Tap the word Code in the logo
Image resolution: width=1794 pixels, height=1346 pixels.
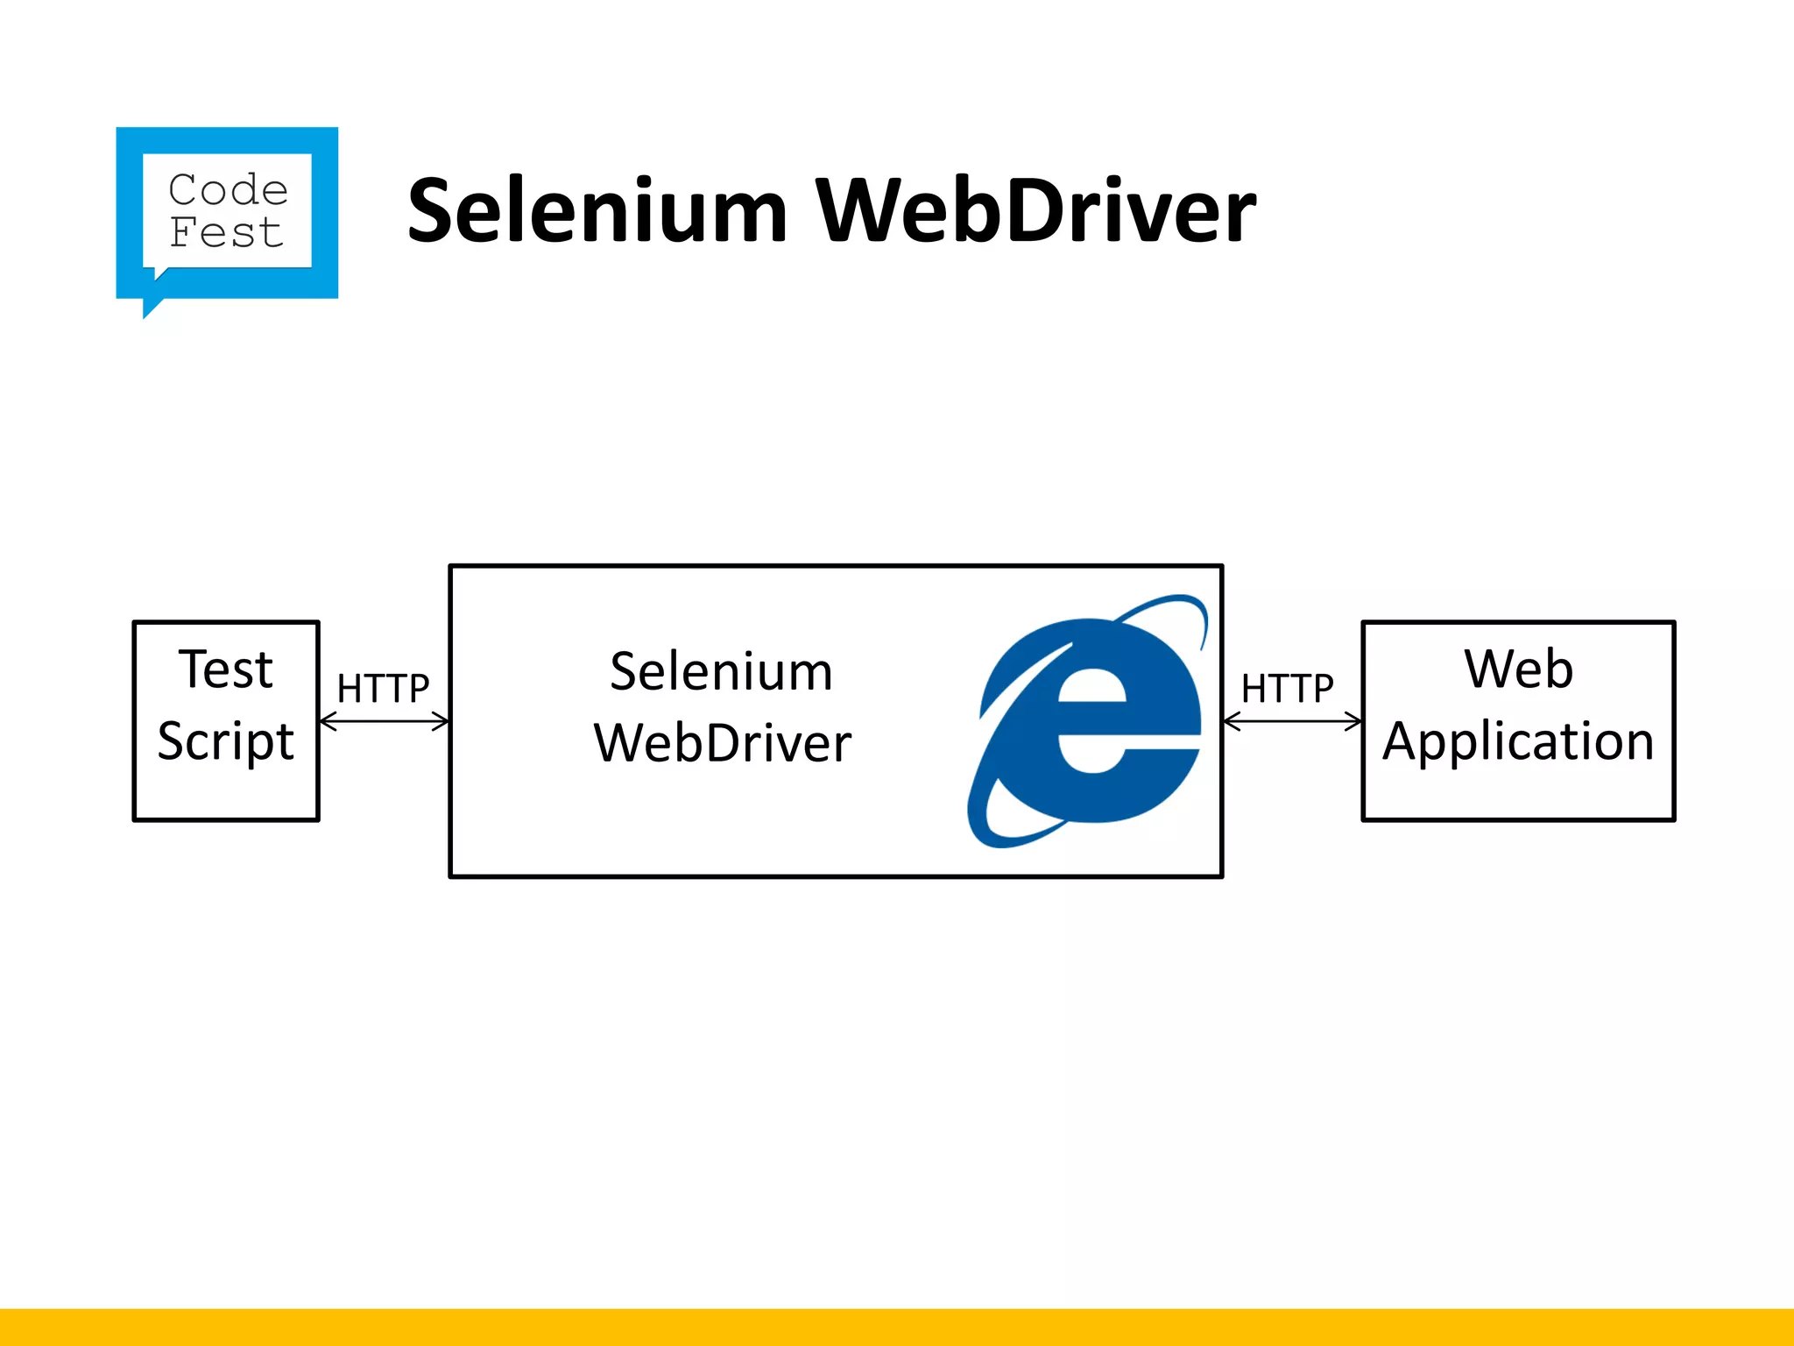(228, 190)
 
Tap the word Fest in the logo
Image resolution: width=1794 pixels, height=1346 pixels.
(226, 233)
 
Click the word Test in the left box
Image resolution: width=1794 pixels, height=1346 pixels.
(226, 669)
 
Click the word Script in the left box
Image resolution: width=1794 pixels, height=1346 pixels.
(226, 741)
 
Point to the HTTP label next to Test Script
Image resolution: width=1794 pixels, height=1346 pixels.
(383, 689)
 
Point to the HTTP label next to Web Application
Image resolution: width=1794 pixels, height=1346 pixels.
(1287, 689)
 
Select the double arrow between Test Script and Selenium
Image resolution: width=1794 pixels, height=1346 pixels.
(384, 721)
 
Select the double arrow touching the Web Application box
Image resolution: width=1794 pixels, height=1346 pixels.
(1292, 721)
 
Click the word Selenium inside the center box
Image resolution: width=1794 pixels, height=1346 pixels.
(721, 672)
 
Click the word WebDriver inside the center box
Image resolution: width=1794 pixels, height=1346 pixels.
(723, 743)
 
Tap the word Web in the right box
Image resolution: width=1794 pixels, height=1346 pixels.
(1518, 669)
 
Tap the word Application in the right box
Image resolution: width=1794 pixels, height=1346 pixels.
(1518, 741)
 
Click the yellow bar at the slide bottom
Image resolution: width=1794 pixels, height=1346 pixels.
(897, 1327)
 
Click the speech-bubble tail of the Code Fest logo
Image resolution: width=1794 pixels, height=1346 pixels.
(152, 307)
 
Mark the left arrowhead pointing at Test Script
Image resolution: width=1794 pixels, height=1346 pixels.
(327, 721)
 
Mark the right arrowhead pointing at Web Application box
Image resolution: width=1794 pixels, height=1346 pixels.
(1355, 721)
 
